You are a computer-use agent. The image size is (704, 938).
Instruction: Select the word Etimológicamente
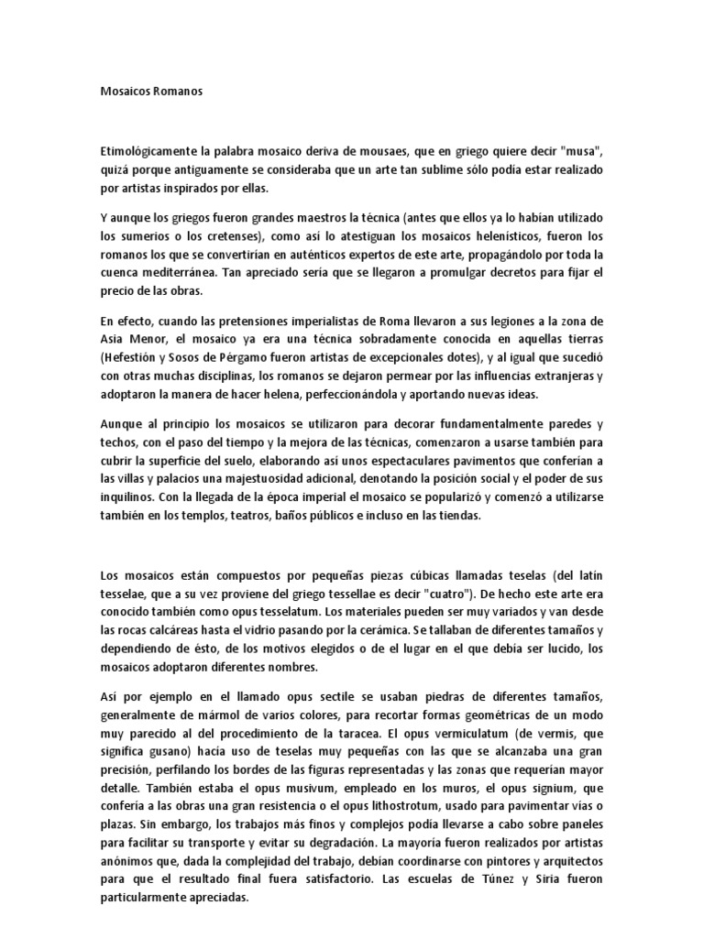(x=154, y=152)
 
